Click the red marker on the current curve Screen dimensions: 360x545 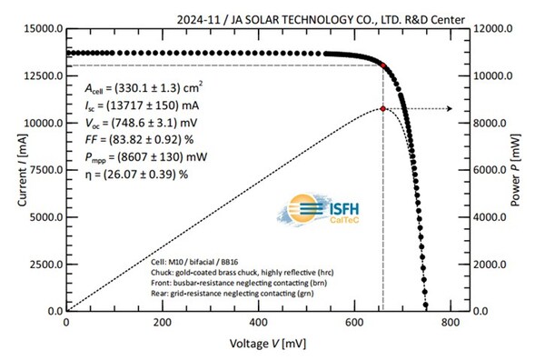coord(383,65)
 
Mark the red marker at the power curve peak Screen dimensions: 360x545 coord(383,108)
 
